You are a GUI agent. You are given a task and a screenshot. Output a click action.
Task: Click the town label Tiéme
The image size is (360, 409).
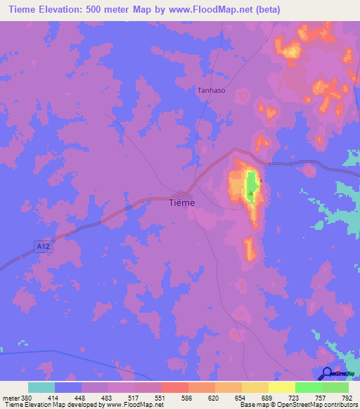[x=183, y=202]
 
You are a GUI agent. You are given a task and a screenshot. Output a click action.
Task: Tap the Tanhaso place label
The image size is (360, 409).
[x=211, y=89]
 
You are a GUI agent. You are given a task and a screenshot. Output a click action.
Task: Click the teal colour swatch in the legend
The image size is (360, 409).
[x=41, y=387]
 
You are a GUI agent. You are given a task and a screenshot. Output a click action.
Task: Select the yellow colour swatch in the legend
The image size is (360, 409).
[x=281, y=387]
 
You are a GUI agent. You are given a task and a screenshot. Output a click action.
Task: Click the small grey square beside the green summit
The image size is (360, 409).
[x=261, y=181]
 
